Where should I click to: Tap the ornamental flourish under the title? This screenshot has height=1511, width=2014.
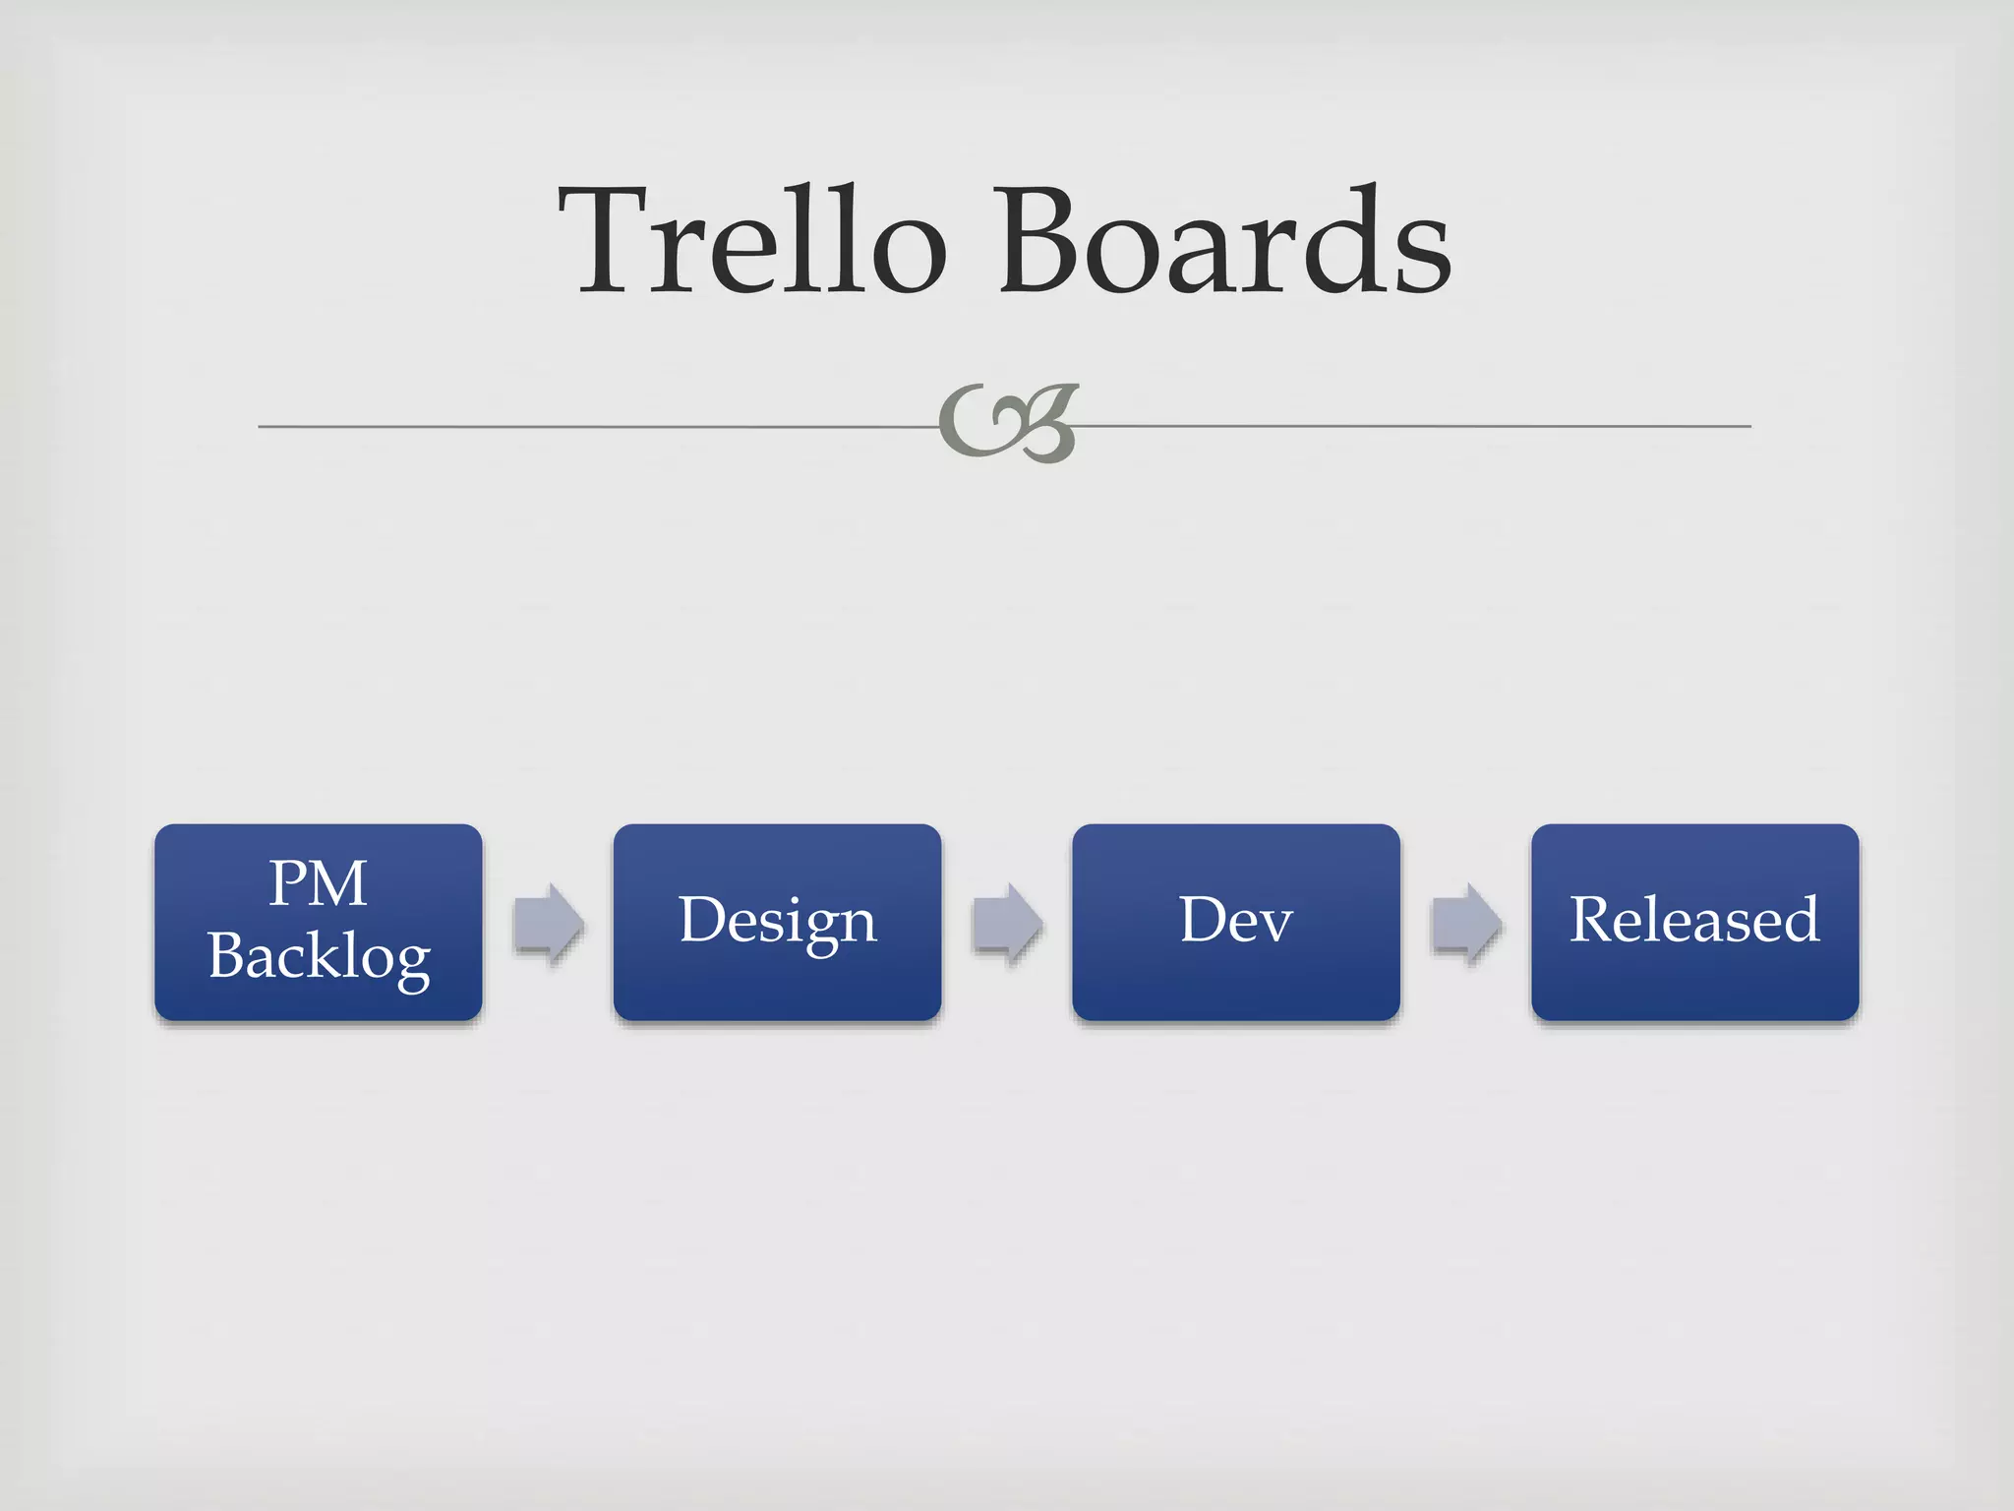[1009, 423]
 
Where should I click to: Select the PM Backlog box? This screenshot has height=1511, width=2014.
[319, 922]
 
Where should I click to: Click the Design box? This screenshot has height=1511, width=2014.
[777, 922]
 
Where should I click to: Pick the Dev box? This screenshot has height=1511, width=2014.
[1236, 922]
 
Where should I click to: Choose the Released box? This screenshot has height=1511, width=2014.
[1694, 922]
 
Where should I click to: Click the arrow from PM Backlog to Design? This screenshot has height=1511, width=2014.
[549, 923]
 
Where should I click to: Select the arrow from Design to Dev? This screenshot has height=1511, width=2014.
[1007, 923]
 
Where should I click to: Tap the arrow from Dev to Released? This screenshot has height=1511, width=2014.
[1466, 923]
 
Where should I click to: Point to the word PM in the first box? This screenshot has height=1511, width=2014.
[319, 882]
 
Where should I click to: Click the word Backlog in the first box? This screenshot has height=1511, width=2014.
[319, 957]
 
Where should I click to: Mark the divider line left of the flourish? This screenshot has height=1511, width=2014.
[590, 427]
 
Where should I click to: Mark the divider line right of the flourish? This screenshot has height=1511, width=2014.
[1416, 427]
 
